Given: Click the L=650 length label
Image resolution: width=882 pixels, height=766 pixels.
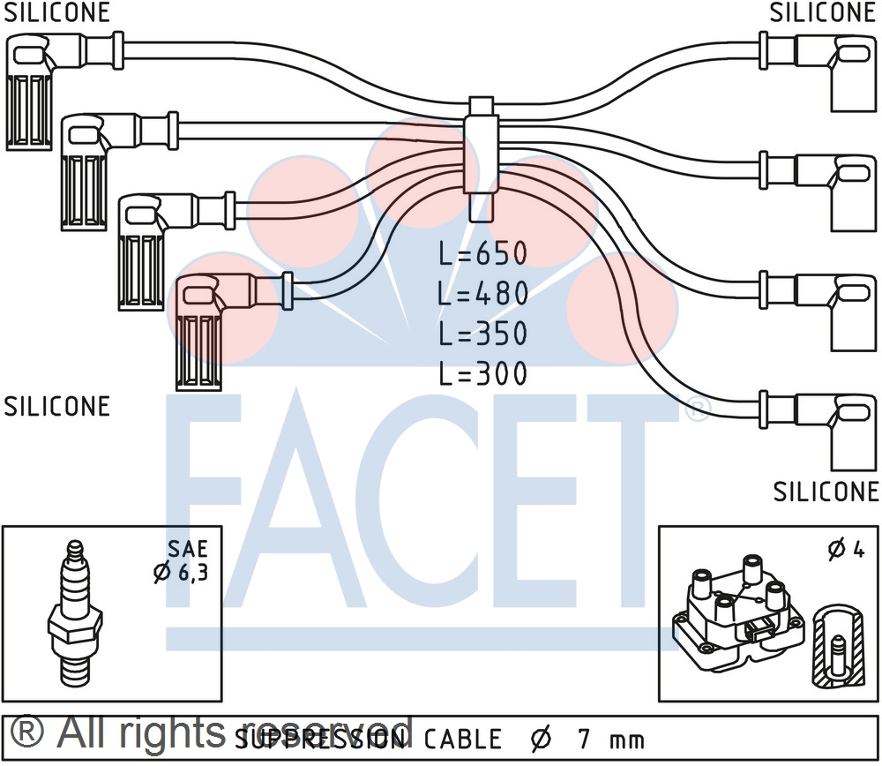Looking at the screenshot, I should (483, 254).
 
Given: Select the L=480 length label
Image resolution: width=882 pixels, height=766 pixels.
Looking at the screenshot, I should (483, 294).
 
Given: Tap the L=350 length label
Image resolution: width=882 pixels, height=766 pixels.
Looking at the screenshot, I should (483, 334).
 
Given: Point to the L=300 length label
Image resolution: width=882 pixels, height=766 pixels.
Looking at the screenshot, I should (483, 373).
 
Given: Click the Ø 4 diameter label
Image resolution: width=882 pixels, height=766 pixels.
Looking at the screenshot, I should (846, 549).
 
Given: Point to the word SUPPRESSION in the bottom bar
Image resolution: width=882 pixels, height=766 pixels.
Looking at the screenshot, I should (323, 739).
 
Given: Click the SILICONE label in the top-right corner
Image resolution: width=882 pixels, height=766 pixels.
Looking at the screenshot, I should (822, 12).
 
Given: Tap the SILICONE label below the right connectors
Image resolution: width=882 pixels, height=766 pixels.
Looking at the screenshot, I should (826, 491).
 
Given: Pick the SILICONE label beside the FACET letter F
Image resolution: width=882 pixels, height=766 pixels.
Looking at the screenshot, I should (57, 406).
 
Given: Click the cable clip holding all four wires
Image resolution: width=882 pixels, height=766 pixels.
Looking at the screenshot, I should (482, 159).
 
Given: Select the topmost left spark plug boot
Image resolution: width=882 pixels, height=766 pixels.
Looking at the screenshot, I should (32, 88).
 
